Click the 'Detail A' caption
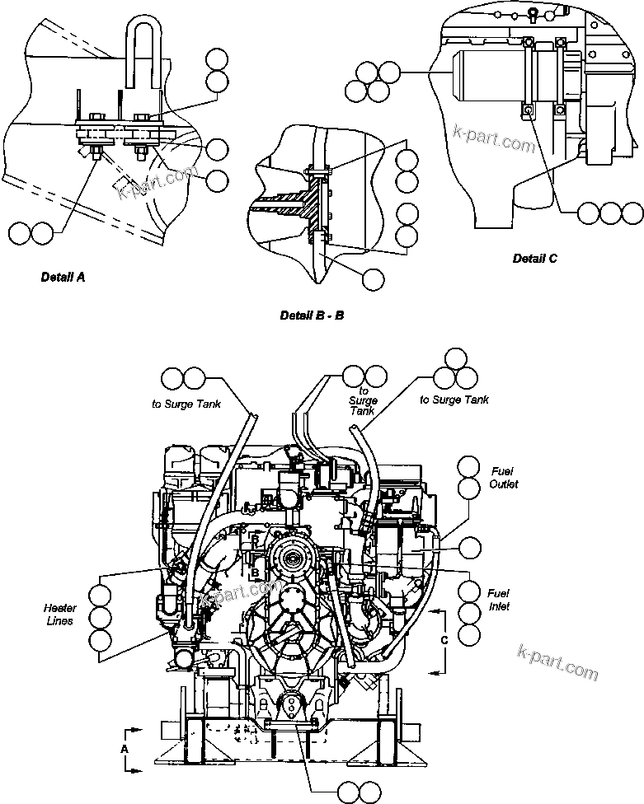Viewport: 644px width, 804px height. pos(63,278)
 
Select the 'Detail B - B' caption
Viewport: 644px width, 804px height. pos(312,316)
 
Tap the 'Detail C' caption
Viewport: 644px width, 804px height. pos(534,258)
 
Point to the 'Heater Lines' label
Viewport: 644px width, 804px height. pos(59,615)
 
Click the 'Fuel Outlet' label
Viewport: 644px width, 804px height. pos(503,479)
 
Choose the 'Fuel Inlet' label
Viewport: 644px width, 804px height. pos(498,600)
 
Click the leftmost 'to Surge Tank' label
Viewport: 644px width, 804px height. pos(185,403)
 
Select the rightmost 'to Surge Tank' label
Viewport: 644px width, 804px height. pos(454,400)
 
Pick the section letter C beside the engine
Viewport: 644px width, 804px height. pos(444,639)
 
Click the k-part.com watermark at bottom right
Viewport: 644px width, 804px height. pos(557,663)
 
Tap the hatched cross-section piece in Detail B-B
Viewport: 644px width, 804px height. pos(309,204)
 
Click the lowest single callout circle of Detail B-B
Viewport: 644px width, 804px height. pos(374,278)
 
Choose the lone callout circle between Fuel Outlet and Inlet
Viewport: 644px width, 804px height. pos(470,547)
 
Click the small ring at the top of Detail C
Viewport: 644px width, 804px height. pos(534,12)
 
